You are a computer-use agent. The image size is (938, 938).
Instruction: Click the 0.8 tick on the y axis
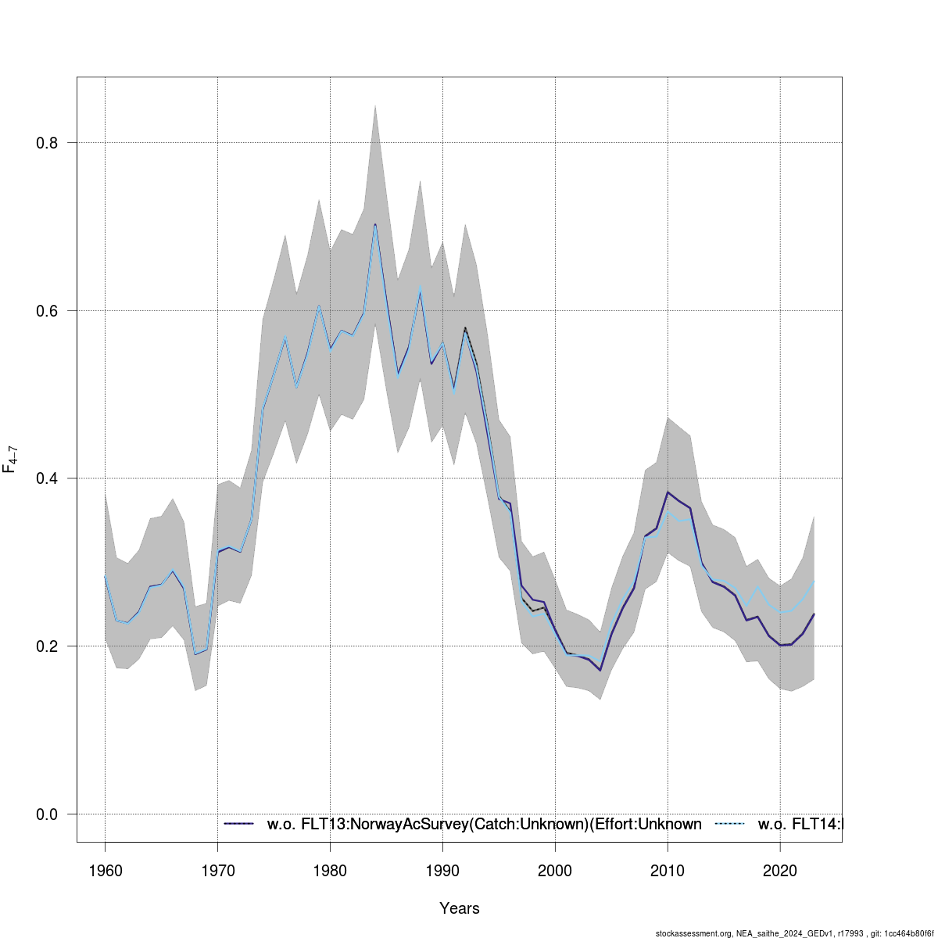click(48, 143)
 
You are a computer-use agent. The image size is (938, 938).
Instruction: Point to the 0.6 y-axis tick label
click(48, 310)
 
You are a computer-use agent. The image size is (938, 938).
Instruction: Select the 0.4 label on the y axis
click(48, 478)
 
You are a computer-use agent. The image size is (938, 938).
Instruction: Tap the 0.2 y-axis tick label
click(48, 646)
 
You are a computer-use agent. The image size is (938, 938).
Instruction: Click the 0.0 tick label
click(48, 814)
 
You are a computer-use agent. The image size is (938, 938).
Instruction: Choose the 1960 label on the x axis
click(106, 871)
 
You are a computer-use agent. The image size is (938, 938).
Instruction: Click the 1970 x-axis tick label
click(218, 871)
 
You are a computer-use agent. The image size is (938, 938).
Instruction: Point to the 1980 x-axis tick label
click(331, 871)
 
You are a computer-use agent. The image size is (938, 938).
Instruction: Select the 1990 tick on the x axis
click(443, 871)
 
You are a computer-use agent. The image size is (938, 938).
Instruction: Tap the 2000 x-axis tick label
click(556, 871)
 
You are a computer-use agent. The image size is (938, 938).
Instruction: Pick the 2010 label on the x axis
click(668, 871)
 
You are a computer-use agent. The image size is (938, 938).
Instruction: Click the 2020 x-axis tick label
click(780, 871)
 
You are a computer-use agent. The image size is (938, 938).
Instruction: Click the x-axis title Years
click(460, 908)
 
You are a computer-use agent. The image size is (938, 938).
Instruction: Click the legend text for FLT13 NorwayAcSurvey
click(484, 824)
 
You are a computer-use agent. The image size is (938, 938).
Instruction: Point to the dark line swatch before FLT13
click(239, 824)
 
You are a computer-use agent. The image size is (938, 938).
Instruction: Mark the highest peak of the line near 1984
click(375, 224)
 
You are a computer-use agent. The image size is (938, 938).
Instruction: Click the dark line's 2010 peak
click(668, 492)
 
